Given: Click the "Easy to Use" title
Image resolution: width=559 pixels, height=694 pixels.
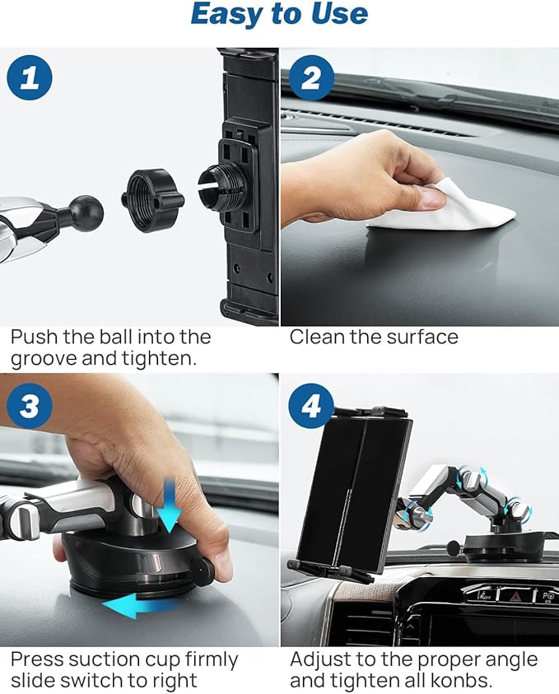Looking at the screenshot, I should point(279,14).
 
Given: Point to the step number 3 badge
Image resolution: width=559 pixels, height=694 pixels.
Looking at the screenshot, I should point(30,405).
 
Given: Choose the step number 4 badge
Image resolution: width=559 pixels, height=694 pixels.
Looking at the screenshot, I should point(310,405).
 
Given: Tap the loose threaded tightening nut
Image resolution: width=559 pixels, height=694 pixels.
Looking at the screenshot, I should point(152,199).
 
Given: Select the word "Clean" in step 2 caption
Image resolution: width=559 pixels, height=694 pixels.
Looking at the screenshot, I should point(317,337).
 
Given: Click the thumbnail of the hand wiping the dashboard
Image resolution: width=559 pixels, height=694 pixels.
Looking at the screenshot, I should point(420,185).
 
